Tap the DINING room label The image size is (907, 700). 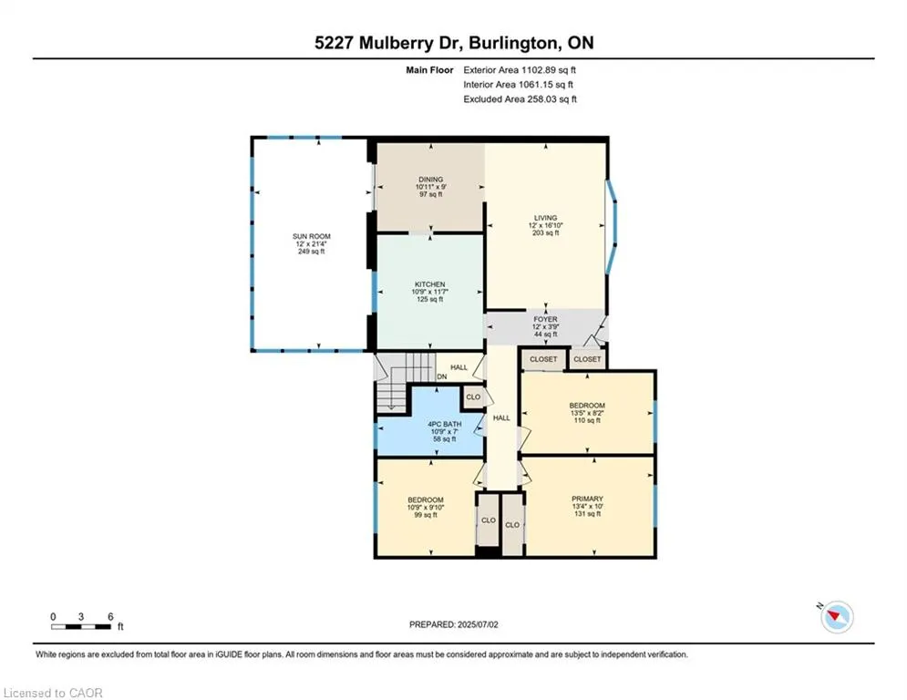(x=430, y=180)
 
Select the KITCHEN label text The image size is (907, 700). (x=429, y=284)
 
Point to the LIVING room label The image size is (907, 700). (x=545, y=219)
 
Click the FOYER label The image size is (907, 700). (x=545, y=320)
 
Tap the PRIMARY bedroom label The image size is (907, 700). (x=586, y=499)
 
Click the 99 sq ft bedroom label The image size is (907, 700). (x=425, y=500)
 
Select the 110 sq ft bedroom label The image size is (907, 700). (x=586, y=406)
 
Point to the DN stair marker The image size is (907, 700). (x=441, y=376)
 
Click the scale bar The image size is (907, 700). (x=82, y=627)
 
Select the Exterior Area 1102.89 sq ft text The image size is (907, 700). (x=520, y=69)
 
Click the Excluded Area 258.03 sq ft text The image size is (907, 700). (x=520, y=99)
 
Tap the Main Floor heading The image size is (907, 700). (x=429, y=69)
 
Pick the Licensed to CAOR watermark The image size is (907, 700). (x=53, y=693)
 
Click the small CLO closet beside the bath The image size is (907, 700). (x=473, y=396)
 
